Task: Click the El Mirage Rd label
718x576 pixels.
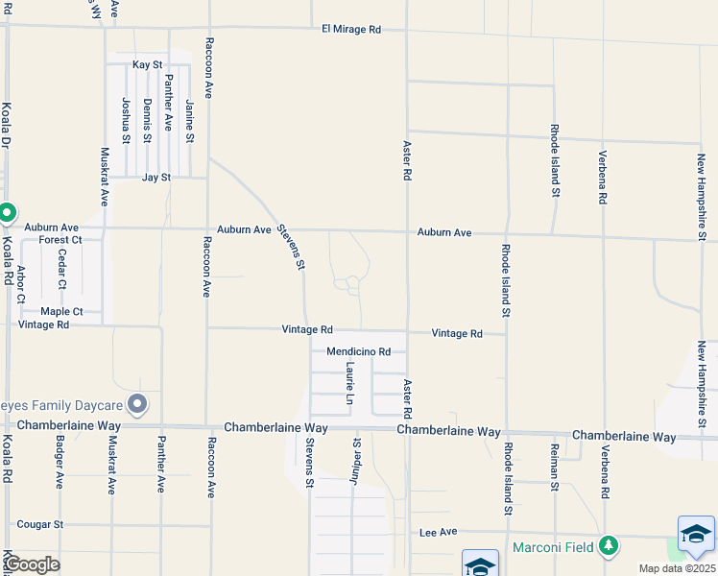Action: (351, 30)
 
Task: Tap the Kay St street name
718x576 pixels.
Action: (147, 64)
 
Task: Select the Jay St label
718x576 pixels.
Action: (156, 178)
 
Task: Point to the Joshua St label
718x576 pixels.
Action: (126, 120)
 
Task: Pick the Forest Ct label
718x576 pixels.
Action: (60, 240)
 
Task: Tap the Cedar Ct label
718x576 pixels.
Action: (61, 269)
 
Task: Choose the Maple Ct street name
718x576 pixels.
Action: (61, 312)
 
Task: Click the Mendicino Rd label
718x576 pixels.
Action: (358, 352)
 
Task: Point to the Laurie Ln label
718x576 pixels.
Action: (350, 383)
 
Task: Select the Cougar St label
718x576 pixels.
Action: (39, 525)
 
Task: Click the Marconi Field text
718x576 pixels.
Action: (554, 547)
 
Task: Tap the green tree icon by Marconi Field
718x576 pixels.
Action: (607, 546)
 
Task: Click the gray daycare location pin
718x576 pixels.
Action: (137, 404)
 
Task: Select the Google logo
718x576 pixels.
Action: (31, 564)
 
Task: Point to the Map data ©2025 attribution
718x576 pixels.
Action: (677, 568)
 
